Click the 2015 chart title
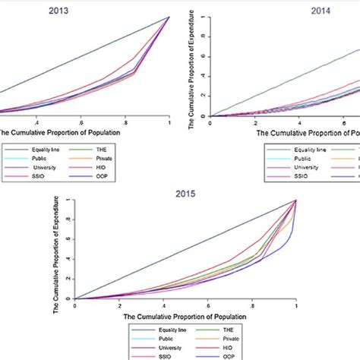pyautogui.click(x=185, y=193)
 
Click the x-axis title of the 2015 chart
pyautogui.click(x=185, y=314)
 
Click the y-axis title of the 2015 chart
pyautogui.click(x=57, y=250)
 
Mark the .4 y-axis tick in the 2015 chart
pyautogui.click(x=68, y=259)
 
